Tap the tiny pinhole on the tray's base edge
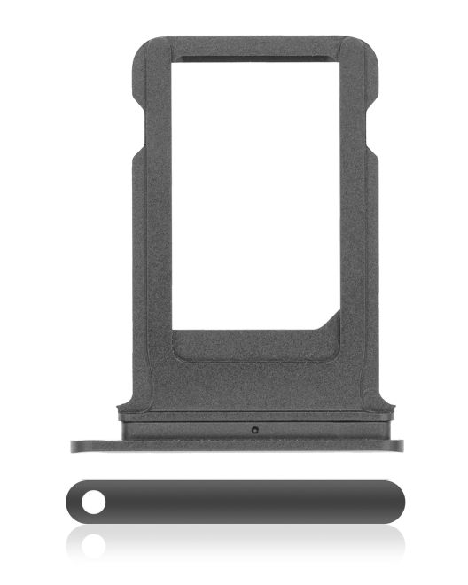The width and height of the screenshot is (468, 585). [254, 431]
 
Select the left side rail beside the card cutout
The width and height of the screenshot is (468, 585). [152, 222]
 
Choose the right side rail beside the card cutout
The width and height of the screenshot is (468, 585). [358, 222]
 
